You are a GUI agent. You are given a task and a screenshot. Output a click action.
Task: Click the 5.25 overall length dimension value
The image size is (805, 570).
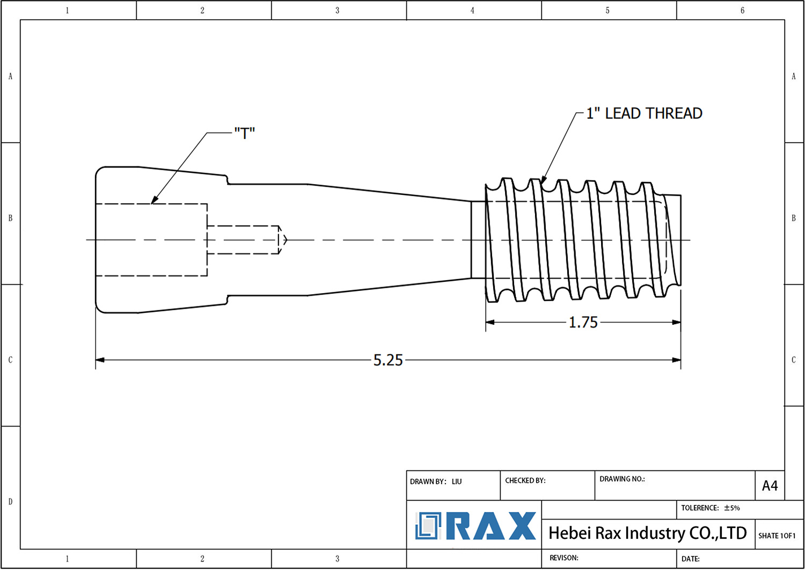point(388,360)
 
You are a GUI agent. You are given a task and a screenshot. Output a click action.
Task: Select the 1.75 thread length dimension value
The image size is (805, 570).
point(583,323)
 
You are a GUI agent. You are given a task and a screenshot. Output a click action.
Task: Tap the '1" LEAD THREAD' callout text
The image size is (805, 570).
point(644,114)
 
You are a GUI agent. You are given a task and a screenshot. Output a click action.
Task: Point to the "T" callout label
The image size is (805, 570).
point(245,133)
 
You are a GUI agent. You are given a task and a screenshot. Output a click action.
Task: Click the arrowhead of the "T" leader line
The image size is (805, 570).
point(153,201)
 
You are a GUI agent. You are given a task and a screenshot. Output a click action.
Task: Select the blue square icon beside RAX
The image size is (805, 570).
point(428,526)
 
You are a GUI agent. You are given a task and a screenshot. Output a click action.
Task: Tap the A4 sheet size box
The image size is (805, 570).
point(770,486)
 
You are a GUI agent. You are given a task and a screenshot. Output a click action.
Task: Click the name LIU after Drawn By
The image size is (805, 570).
point(457,482)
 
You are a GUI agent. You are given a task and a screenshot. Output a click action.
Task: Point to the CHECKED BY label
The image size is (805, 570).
point(525,481)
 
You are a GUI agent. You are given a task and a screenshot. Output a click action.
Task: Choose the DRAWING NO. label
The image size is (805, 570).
point(622,479)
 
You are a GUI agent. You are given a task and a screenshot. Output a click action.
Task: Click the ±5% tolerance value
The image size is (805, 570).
point(732,508)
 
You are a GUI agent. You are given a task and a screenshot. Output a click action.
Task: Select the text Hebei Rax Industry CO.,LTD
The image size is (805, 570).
point(647,533)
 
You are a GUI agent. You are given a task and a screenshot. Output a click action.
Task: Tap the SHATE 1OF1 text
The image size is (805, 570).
point(777,536)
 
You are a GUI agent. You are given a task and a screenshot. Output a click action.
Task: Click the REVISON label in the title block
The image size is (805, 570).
point(563,558)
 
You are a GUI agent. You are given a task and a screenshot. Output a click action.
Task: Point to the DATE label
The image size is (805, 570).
point(690,559)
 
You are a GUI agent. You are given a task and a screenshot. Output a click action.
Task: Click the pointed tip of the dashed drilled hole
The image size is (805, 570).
point(286,240)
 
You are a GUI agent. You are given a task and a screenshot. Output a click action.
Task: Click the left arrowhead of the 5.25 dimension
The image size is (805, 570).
point(99,360)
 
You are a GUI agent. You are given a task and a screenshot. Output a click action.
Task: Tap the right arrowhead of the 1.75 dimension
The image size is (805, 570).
point(677,323)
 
